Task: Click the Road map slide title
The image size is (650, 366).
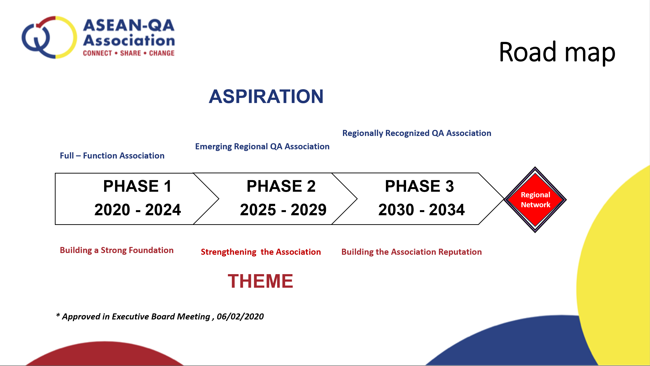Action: tap(557, 52)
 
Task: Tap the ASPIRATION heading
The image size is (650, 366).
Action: tap(266, 96)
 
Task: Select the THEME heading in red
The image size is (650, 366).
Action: tap(260, 281)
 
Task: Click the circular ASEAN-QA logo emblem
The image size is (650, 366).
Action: tap(49, 37)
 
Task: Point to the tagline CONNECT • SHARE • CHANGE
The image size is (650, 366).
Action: tap(129, 53)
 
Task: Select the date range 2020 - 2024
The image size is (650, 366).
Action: tap(138, 210)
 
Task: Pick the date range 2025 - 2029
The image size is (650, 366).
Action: tap(283, 210)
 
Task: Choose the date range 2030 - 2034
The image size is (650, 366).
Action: tap(421, 210)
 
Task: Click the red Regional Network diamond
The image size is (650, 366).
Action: tap(535, 200)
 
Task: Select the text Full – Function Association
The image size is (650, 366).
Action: tap(112, 156)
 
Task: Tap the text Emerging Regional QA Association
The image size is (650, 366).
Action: tap(262, 146)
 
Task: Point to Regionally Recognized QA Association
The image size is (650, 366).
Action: tap(417, 133)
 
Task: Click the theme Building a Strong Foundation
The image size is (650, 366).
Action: tap(117, 250)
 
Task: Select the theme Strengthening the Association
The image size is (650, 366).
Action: tap(261, 252)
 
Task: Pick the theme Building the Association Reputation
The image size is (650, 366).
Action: tap(412, 252)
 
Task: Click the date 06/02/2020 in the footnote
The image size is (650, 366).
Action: tap(240, 317)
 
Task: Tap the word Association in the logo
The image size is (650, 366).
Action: tap(129, 40)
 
